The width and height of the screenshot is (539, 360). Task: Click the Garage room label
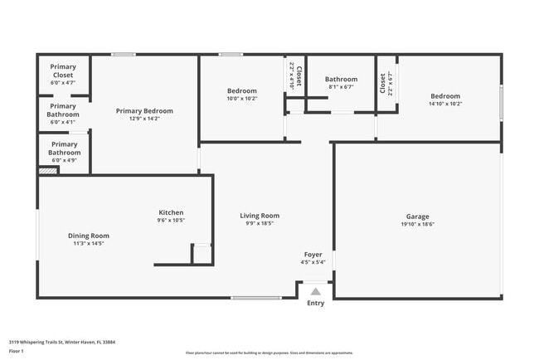pyautogui.click(x=417, y=216)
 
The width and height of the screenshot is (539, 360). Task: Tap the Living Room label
pyautogui.click(x=260, y=216)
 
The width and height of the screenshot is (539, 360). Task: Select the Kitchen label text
pyautogui.click(x=171, y=212)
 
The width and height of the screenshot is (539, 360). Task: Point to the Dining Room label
pyautogui.click(x=88, y=236)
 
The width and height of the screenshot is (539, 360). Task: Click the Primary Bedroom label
pyautogui.click(x=144, y=111)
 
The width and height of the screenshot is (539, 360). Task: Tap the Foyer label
pyautogui.click(x=313, y=255)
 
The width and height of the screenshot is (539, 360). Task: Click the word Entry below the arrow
pyautogui.click(x=316, y=303)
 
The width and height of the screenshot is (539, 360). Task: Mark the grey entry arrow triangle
pyautogui.click(x=315, y=291)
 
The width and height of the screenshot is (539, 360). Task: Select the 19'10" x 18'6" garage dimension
pyautogui.click(x=417, y=224)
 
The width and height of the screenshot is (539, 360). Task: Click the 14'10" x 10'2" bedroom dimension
pyautogui.click(x=444, y=104)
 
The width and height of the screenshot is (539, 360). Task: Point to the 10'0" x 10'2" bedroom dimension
pyautogui.click(x=242, y=98)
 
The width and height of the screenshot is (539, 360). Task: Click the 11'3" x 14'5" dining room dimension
pyautogui.click(x=88, y=244)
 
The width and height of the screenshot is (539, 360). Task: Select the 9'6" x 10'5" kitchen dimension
pyautogui.click(x=171, y=221)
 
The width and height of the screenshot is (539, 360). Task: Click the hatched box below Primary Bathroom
pyautogui.click(x=49, y=171)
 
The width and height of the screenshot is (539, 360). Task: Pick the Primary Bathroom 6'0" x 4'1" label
pyautogui.click(x=63, y=114)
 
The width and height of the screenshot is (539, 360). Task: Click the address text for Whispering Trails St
pyautogui.click(x=62, y=341)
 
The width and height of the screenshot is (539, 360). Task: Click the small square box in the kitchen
pyautogui.click(x=202, y=254)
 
